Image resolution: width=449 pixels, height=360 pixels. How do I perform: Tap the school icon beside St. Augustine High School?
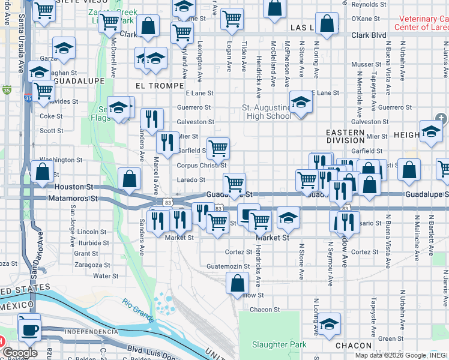pyautogui.click(x=300, y=103)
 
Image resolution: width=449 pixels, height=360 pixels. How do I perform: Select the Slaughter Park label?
pyautogui.click(x=279, y=344)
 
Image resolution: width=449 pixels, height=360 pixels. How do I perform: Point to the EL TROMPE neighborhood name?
pyautogui.click(x=160, y=86)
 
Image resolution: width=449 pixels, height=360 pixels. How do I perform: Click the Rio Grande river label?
pyautogui.click(x=139, y=307)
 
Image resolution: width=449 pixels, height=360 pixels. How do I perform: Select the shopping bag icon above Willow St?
pyautogui.click(x=238, y=282)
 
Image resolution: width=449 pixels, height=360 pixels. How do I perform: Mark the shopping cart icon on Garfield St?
pyautogui.click(x=218, y=147)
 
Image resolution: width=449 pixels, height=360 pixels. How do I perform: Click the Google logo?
pyautogui.click(x=19, y=353)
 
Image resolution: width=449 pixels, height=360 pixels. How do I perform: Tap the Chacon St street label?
pyautogui.click(x=264, y=310)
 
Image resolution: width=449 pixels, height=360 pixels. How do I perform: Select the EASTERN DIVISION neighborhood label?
pyautogui.click(x=345, y=136)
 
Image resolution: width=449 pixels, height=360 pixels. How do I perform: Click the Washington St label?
pyautogui.click(x=61, y=160)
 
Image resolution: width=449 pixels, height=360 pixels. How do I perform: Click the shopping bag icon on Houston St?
pyautogui.click(x=130, y=179)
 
